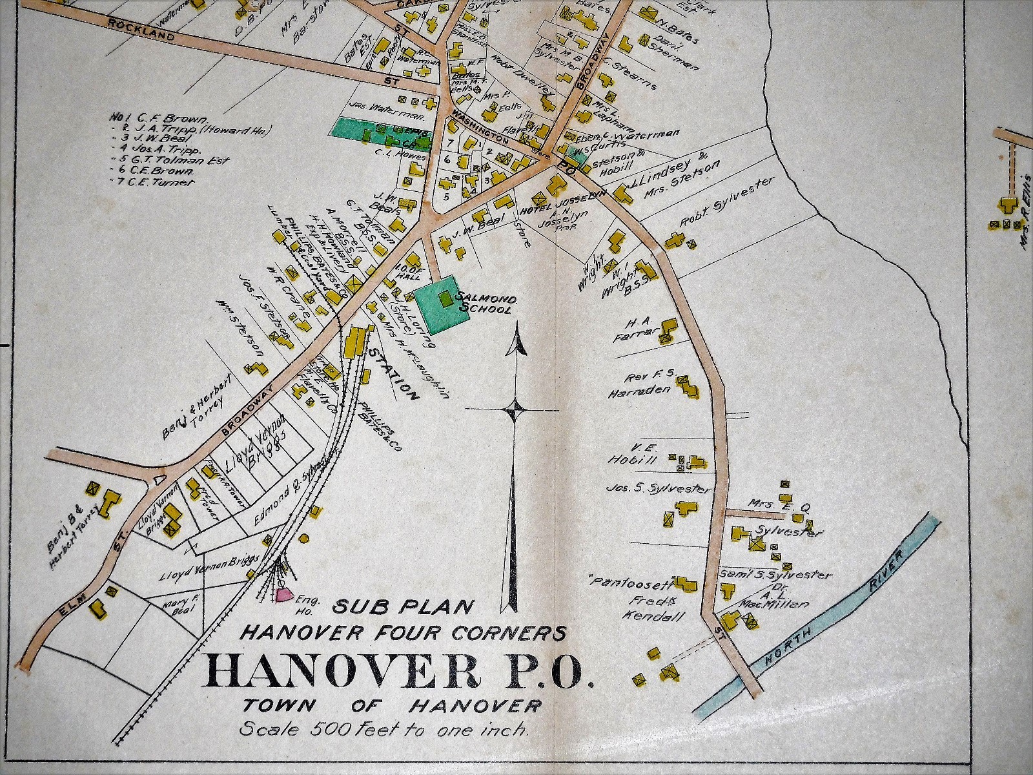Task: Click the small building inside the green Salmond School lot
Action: click(x=444, y=298)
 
